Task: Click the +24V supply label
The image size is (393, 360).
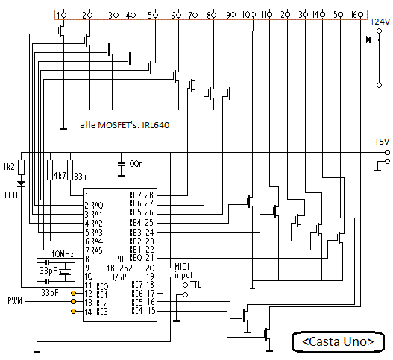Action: (380, 22)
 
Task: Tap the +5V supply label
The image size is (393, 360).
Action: (382, 142)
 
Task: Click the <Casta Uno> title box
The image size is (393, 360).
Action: (338, 341)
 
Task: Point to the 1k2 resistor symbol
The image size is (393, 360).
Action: (22, 167)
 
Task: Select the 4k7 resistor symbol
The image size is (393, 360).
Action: (50, 170)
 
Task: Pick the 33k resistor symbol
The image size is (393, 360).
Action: (70, 170)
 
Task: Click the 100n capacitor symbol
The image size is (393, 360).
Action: (121, 164)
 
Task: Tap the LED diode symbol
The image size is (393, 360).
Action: (22, 183)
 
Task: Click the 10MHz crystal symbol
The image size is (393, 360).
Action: (65, 272)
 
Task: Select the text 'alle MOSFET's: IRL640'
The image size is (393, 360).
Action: (125, 125)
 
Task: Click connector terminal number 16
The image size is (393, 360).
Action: (360, 15)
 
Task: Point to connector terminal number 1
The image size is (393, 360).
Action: (63, 16)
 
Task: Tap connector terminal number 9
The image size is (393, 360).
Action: (233, 15)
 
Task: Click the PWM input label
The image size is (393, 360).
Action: (15, 301)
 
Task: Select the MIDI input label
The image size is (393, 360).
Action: (183, 271)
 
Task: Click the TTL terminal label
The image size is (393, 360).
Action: (195, 285)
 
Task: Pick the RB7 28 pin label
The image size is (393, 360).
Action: (142, 195)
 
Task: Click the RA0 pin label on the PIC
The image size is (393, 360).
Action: (97, 206)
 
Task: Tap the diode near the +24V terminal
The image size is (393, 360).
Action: (368, 40)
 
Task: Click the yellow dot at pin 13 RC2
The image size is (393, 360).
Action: (73, 301)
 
